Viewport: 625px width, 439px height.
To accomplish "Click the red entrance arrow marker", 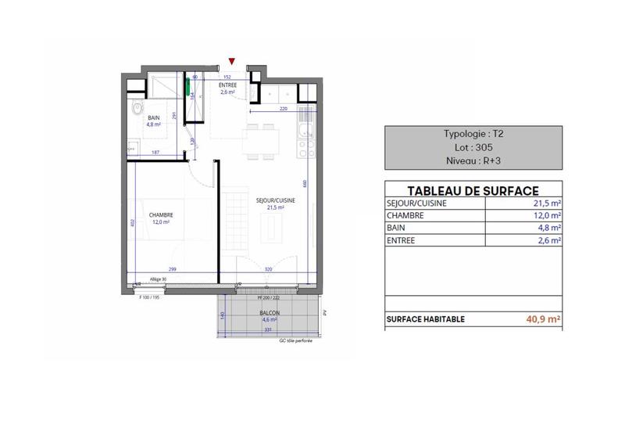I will click(231, 61).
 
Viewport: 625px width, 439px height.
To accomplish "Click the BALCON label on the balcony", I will click(270, 313).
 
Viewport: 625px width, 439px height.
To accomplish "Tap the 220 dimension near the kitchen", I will click(284, 108).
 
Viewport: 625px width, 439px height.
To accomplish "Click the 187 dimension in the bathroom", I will click(156, 153).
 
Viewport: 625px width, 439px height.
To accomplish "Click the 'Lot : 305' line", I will click(473, 146).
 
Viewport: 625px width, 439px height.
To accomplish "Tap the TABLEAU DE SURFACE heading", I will click(473, 190).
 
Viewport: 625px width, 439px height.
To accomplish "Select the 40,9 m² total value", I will click(545, 318).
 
